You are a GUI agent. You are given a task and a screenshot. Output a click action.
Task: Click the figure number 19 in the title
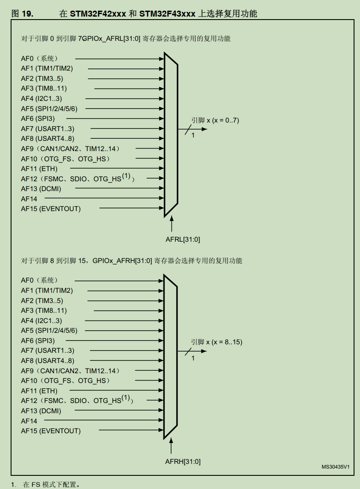[27, 14]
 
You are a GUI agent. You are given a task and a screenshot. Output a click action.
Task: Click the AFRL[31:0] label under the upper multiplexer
[183, 239]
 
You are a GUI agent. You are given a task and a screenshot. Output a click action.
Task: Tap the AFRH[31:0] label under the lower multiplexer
[183, 461]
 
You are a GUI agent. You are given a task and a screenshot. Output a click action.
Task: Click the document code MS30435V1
[335, 467]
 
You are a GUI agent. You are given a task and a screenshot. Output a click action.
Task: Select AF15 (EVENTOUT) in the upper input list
[51, 209]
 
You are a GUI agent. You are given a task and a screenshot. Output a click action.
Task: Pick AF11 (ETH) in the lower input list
[39, 391]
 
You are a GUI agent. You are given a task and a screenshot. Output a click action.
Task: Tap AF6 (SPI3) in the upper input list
[38, 118]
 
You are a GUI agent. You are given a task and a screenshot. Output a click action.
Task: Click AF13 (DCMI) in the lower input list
[41, 411]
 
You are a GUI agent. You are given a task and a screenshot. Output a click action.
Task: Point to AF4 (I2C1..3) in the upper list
[41, 98]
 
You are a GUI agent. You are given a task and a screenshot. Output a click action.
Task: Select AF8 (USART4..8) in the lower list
[47, 361]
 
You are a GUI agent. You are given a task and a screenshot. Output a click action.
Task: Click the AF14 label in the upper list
[29, 199]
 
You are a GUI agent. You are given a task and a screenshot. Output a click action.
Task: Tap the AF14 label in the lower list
[29, 421]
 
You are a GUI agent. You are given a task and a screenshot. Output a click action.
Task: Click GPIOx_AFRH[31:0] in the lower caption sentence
[122, 260]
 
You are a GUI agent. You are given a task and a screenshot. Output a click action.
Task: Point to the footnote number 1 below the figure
[13, 484]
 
